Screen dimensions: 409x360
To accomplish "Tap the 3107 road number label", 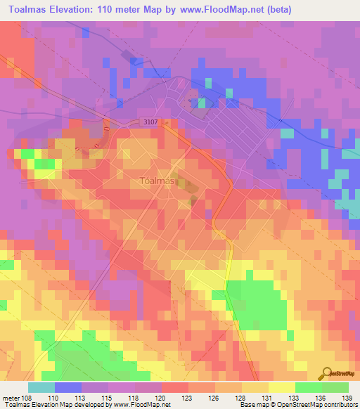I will click(x=148, y=122).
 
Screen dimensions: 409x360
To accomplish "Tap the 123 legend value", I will click(x=188, y=398).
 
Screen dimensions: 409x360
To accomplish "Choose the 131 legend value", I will click(x=269, y=398).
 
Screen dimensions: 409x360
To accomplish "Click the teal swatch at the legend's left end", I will click(x=41, y=387).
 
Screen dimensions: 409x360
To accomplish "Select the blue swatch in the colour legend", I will click(x=68, y=387).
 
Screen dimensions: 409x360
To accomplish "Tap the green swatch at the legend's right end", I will click(x=335, y=387).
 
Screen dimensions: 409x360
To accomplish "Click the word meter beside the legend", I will click(x=11, y=398).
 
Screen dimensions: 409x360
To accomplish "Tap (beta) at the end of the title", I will click(x=275, y=10).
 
